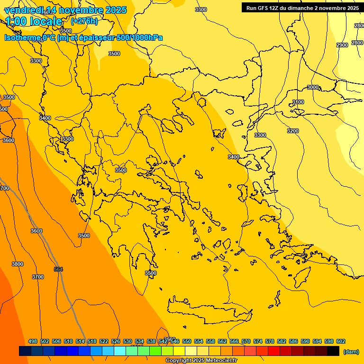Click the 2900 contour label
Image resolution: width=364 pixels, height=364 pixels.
(x=342, y=45)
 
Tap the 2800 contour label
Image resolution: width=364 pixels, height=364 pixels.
(x=357, y=43)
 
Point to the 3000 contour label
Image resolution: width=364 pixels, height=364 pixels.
(x=313, y=87)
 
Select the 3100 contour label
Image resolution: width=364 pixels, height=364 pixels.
(x=298, y=102)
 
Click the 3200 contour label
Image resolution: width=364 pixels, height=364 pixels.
(x=293, y=131)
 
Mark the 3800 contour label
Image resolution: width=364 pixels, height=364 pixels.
(x=17, y=264)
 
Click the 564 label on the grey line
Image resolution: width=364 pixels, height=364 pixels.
(x=58, y=269)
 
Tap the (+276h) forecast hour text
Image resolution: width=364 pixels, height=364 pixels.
(x=84, y=21)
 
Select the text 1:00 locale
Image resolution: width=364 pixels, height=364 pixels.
(x=34, y=21)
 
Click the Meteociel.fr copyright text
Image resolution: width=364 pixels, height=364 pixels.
(x=201, y=361)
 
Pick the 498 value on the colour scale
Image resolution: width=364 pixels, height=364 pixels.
(x=33, y=341)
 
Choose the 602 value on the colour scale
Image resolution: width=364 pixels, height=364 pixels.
(x=341, y=341)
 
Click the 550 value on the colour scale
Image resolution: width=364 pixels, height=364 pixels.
(x=187, y=341)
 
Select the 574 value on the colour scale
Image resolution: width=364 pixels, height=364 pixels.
(x=258, y=341)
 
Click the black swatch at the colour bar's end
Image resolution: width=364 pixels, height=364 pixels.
(x=333, y=351)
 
